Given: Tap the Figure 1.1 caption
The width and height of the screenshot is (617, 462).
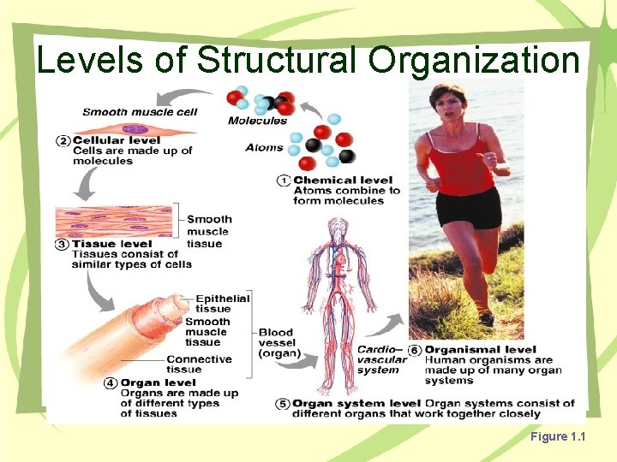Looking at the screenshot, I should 557,437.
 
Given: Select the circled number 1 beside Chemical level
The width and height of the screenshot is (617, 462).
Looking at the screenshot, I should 284,180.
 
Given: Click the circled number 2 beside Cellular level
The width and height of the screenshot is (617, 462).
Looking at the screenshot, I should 63,140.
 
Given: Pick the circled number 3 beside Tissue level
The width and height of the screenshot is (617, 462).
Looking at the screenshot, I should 63,244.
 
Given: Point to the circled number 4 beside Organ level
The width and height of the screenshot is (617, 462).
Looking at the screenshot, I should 111,382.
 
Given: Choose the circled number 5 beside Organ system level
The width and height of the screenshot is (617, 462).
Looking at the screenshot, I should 283,403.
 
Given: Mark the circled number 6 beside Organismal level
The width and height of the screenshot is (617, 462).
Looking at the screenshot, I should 415,350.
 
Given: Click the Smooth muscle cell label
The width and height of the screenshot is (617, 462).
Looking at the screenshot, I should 140,112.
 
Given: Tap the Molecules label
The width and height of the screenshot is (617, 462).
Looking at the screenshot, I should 258,121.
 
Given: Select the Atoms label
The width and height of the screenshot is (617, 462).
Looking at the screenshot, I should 264,147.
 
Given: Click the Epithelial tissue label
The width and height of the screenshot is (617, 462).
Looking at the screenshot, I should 223,304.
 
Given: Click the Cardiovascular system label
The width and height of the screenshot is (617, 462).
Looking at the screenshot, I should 378,359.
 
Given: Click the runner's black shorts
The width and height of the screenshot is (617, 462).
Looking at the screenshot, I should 468,207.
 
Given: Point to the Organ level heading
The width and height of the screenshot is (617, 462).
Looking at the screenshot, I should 159,382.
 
